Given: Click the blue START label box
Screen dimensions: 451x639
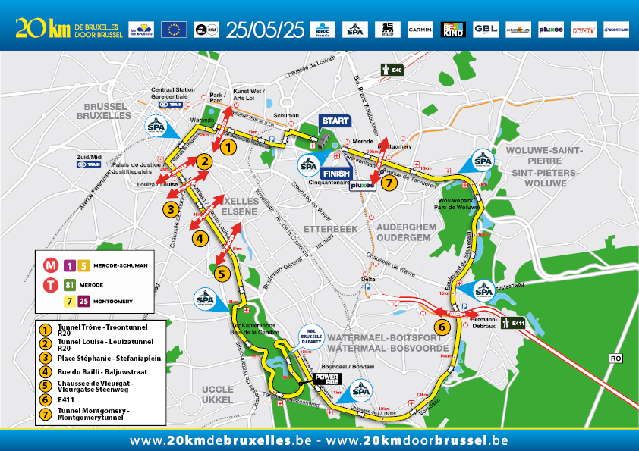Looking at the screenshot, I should click(335, 121).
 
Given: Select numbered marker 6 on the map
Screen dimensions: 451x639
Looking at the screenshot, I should click(441, 327).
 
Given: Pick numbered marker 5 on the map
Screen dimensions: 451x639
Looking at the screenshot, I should click(222, 273).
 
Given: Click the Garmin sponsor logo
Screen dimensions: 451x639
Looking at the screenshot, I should click(420, 30).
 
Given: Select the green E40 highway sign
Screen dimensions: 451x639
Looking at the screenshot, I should click(392, 70).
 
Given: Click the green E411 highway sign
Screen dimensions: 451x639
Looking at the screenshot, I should click(516, 321).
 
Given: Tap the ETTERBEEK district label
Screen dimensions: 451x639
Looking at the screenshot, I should click(325, 227).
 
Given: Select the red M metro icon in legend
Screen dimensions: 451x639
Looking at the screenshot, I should click(52, 265).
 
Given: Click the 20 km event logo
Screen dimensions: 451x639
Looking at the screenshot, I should click(42, 29).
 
